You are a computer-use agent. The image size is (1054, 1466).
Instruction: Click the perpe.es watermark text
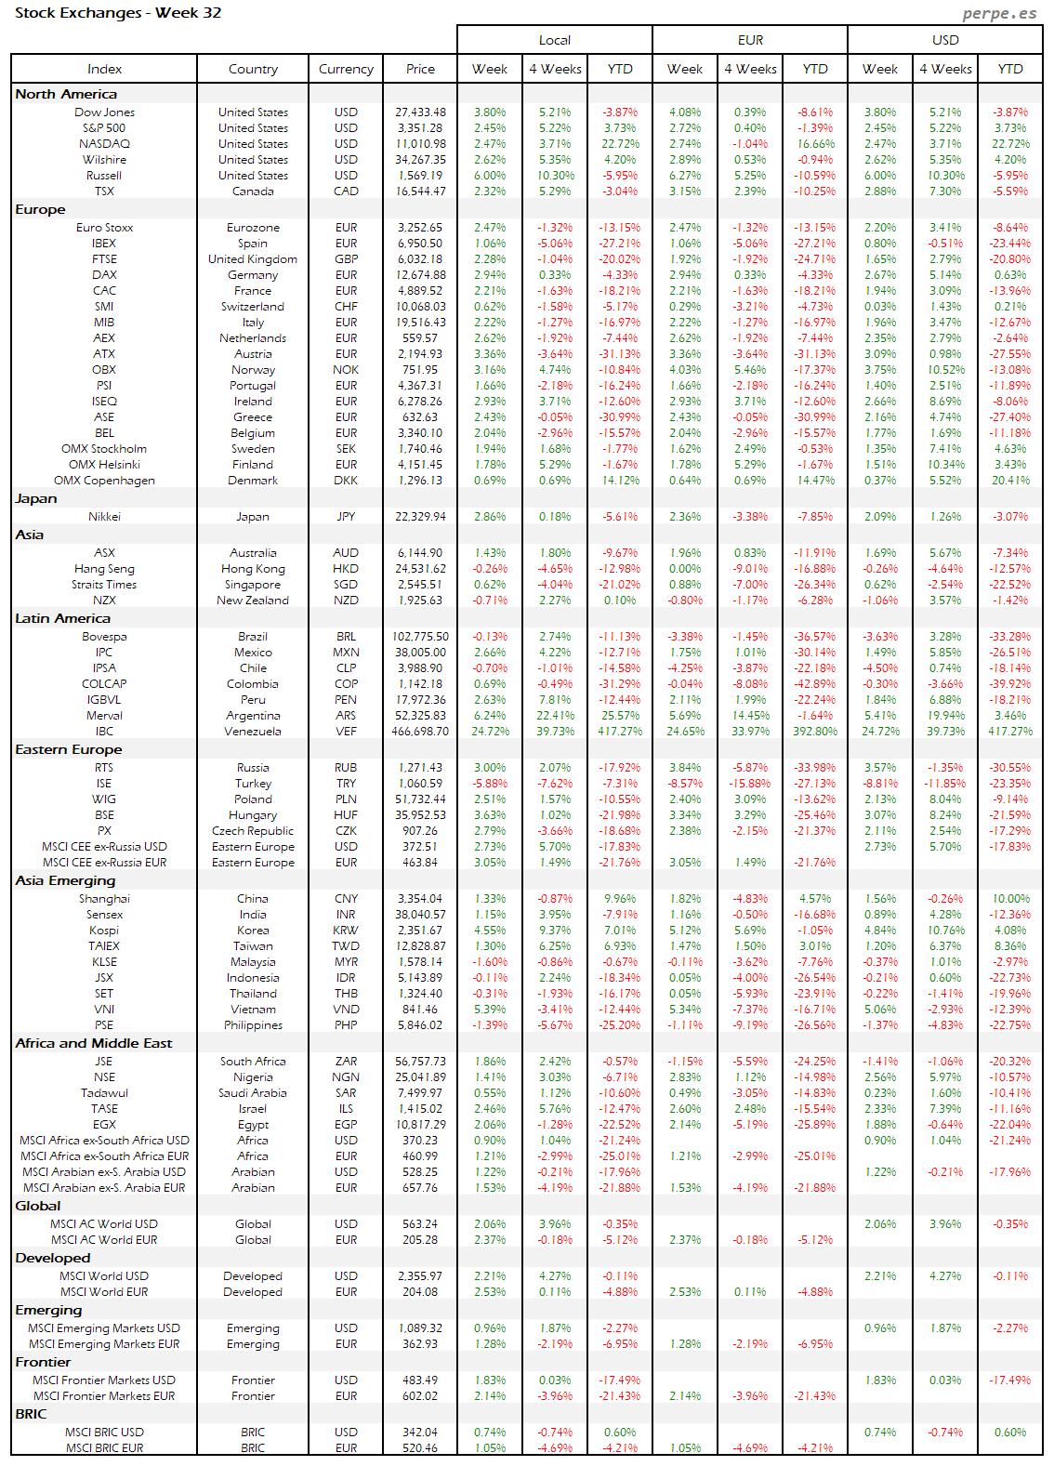click(999, 13)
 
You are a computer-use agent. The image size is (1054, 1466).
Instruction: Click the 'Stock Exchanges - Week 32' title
click(118, 13)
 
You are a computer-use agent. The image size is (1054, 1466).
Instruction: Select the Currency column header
click(346, 69)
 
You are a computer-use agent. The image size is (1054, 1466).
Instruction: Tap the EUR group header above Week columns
click(750, 40)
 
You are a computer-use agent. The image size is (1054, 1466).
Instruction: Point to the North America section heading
click(66, 94)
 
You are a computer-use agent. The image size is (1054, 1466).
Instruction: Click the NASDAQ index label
click(104, 144)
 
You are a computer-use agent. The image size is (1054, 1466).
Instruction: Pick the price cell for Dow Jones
click(420, 112)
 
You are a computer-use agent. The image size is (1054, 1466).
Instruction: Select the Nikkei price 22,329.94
click(420, 517)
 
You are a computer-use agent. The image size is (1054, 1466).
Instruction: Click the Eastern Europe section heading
click(69, 749)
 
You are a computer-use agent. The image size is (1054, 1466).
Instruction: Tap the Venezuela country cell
click(253, 732)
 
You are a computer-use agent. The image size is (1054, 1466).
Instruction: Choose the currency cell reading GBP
click(346, 259)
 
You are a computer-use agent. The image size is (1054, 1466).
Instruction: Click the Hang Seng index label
click(104, 569)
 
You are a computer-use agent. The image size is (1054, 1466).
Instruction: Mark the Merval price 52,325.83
click(420, 716)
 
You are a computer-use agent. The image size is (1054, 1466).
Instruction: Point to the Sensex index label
click(104, 915)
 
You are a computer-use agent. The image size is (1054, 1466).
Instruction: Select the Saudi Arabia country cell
click(253, 1093)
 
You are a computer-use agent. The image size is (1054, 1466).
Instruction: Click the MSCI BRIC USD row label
click(104, 1433)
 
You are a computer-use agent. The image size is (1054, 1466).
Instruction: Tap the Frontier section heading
click(43, 1362)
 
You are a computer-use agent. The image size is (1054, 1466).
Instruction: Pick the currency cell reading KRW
click(346, 931)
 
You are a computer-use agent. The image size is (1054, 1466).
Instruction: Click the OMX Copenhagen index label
click(104, 481)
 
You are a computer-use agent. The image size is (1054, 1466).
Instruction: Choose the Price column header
click(420, 69)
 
